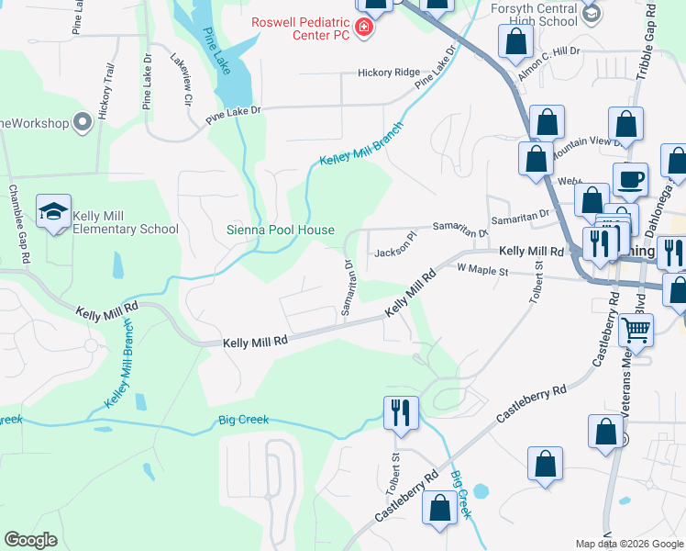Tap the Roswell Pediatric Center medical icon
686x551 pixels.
(364, 29)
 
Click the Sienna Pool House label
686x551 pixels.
(281, 230)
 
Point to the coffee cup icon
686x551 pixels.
(630, 180)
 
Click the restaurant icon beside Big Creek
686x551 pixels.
(400, 411)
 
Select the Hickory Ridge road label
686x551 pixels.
(389, 73)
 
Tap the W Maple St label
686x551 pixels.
(482, 271)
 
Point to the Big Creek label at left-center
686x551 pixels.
(243, 420)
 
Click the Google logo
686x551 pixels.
(31, 540)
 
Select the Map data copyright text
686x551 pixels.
(629, 544)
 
